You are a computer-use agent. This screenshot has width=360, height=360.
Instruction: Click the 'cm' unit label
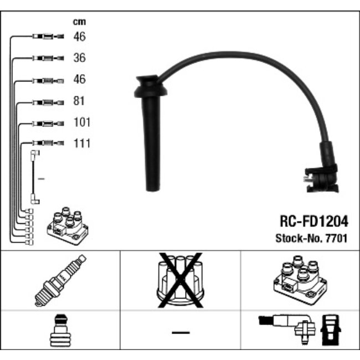(x=79, y=22)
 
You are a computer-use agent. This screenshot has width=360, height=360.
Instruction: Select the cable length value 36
(x=79, y=58)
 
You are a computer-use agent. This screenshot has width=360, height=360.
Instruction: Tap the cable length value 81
(x=79, y=101)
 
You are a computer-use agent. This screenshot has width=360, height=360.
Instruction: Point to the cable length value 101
(x=82, y=122)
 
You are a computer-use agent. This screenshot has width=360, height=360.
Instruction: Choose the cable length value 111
(x=82, y=143)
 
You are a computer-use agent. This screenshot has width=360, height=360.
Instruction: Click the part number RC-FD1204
(x=314, y=222)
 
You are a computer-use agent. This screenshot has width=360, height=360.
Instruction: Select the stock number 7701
(x=336, y=238)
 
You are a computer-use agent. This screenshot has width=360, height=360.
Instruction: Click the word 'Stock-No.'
(x=300, y=238)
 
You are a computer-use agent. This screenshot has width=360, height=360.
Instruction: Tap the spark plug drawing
(x=60, y=280)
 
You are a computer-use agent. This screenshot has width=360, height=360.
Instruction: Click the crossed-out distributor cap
(x=181, y=280)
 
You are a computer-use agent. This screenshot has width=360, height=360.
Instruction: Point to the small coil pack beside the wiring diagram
(x=68, y=226)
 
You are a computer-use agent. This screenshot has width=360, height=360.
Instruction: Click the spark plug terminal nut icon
(x=60, y=330)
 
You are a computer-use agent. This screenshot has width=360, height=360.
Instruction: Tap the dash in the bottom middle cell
(x=181, y=332)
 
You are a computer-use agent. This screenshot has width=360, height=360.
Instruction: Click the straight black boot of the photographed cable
(x=151, y=133)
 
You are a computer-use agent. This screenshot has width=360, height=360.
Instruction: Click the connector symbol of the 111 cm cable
(x=48, y=143)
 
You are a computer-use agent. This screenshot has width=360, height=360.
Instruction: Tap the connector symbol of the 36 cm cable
(x=48, y=58)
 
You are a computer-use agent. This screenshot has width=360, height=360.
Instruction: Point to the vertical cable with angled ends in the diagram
(x=35, y=177)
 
